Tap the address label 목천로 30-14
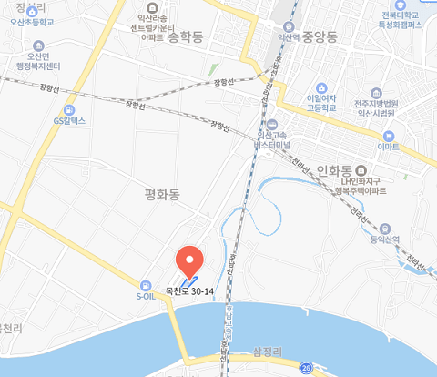pos(188,292)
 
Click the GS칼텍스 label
pos(69,120)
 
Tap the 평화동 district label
pos(163,194)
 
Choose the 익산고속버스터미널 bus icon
pos(272,125)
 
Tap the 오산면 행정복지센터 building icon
pos(39,45)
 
